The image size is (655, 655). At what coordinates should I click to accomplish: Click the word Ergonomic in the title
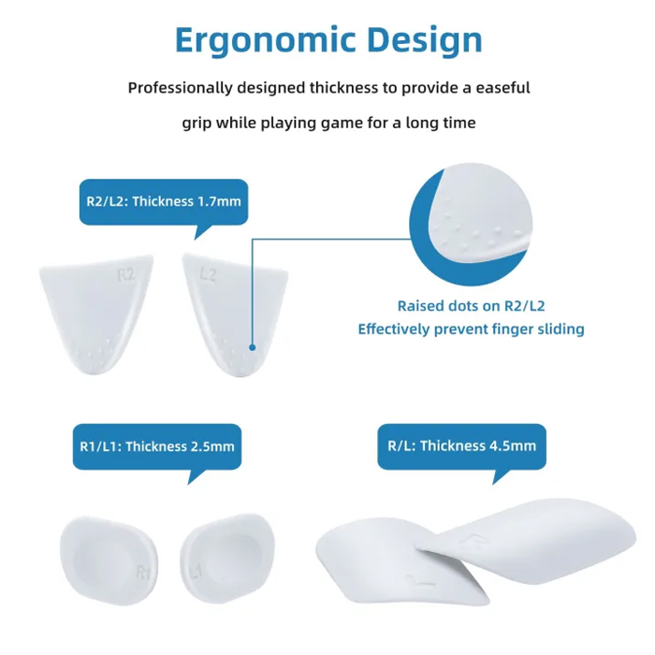pyautogui.click(x=265, y=41)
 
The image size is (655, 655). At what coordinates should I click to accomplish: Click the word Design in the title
pyautogui.click(x=425, y=41)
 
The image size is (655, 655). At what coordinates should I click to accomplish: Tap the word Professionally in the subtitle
pyautogui.click(x=180, y=88)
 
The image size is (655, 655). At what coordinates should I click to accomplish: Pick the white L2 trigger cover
pyautogui.click(x=235, y=315)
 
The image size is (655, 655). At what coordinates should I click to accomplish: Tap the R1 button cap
pyautogui.click(x=109, y=560)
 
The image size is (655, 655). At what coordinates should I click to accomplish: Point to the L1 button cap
pyautogui.click(x=227, y=559)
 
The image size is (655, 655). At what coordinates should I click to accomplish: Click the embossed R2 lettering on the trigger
pyautogui.click(x=125, y=275)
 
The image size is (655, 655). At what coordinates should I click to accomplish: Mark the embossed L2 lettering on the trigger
pyautogui.click(x=208, y=275)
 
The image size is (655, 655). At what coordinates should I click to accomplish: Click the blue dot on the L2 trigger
pyautogui.click(x=253, y=347)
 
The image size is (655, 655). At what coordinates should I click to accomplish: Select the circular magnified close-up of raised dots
pyautogui.click(x=471, y=225)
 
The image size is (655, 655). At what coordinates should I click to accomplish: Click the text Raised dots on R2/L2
pyautogui.click(x=472, y=306)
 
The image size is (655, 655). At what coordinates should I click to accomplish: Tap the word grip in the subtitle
pyautogui.click(x=196, y=124)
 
